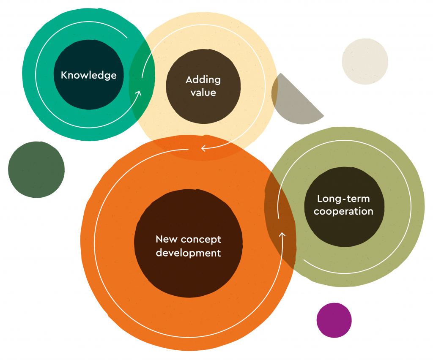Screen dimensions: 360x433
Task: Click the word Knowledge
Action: tap(88, 75)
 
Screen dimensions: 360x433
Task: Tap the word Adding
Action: tap(203, 79)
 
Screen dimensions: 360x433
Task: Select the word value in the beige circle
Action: tap(203, 92)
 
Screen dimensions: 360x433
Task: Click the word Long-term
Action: tap(343, 199)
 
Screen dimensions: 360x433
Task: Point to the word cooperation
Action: tap(343, 211)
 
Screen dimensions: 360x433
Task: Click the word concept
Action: tap(201, 240)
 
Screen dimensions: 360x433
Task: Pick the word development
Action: tap(188, 253)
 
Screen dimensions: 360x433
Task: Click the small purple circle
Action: tap(334, 320)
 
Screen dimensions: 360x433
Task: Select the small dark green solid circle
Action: tap(36, 169)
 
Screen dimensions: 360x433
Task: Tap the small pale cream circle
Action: tap(365, 61)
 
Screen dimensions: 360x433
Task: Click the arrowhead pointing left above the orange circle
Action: tap(203, 148)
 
